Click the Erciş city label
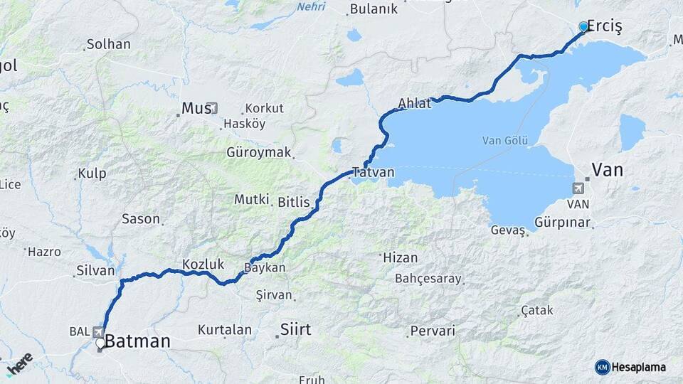pos(605,27)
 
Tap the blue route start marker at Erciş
pos(584,27)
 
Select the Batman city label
pos(138,341)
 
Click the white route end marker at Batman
pos(100,343)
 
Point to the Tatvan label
pos(373,172)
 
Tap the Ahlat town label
pos(414,103)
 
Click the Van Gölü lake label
pos(504,140)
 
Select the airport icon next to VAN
pos(576,188)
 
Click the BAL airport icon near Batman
pos(97,331)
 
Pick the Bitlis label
pos(294,202)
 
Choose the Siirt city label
pos(295,329)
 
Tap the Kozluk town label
pos(203,264)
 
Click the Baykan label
pos(265,268)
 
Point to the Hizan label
pos(400,257)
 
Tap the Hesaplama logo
pos(630,367)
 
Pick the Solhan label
pos(108,44)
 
